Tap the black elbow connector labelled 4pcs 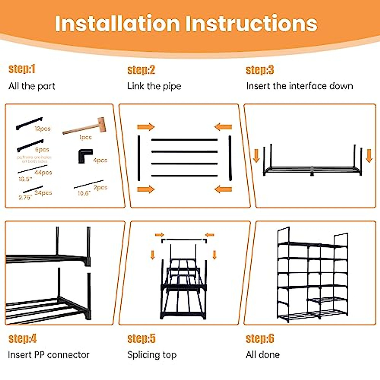point(85,156)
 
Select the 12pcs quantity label point(43,129)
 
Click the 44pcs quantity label point(43,173)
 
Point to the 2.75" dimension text point(25,198)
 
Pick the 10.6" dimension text point(84,193)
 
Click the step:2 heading point(141,70)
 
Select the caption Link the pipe point(154,86)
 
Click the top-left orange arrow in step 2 point(145,127)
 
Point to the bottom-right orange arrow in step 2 point(223,190)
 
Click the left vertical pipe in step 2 point(139,158)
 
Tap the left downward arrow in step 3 point(256,155)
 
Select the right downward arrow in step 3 point(369,155)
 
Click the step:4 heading point(22,339)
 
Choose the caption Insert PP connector point(48,355)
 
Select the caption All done point(263,355)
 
